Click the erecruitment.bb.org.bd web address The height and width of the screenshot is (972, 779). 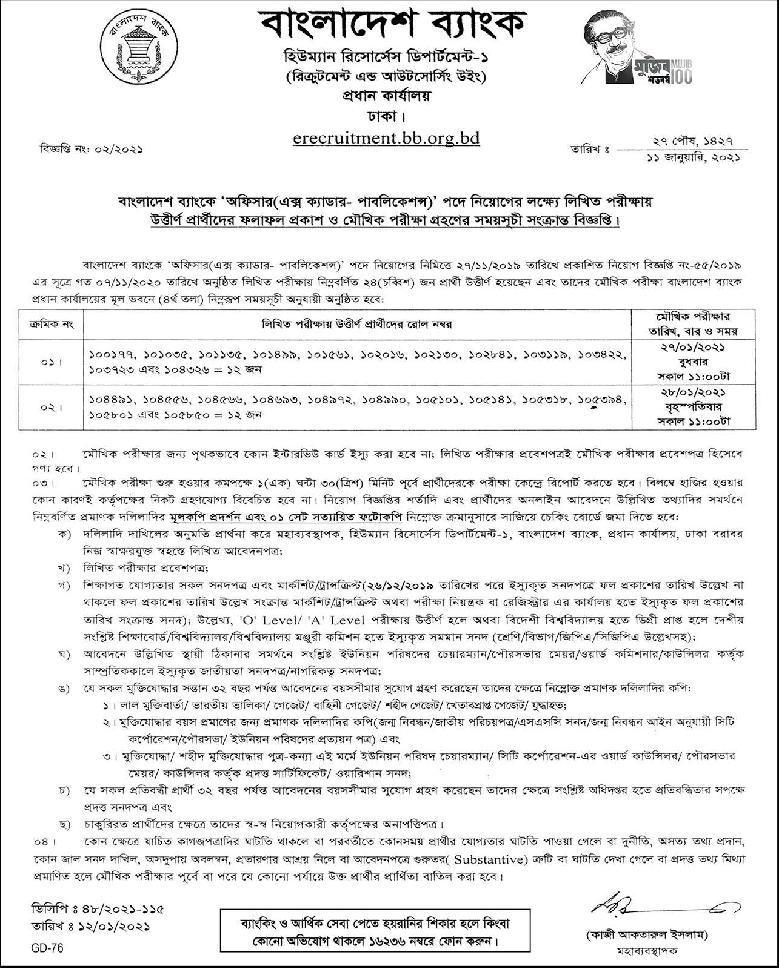coord(386,138)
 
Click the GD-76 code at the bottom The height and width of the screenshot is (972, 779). coord(48,948)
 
